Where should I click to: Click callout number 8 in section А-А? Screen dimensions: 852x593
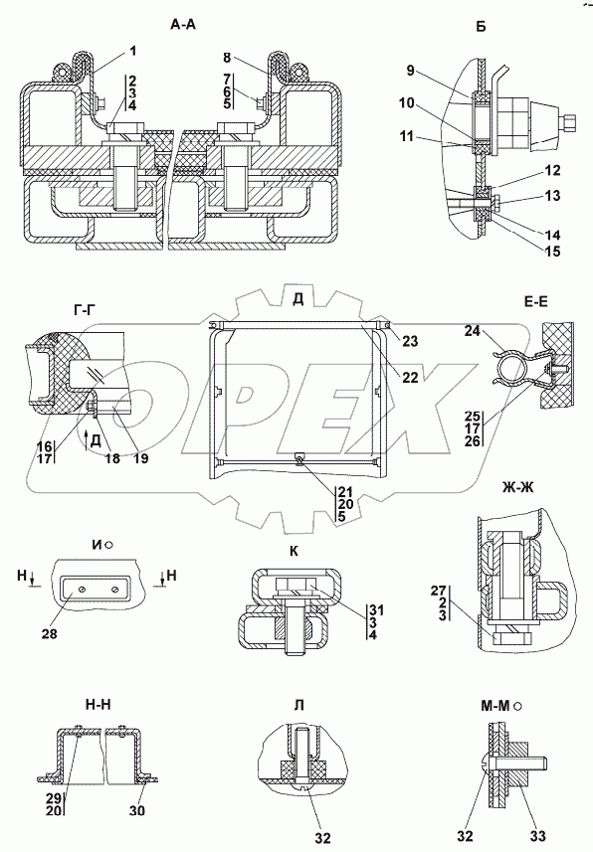coord(228,57)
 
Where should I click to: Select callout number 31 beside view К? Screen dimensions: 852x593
coord(374,608)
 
